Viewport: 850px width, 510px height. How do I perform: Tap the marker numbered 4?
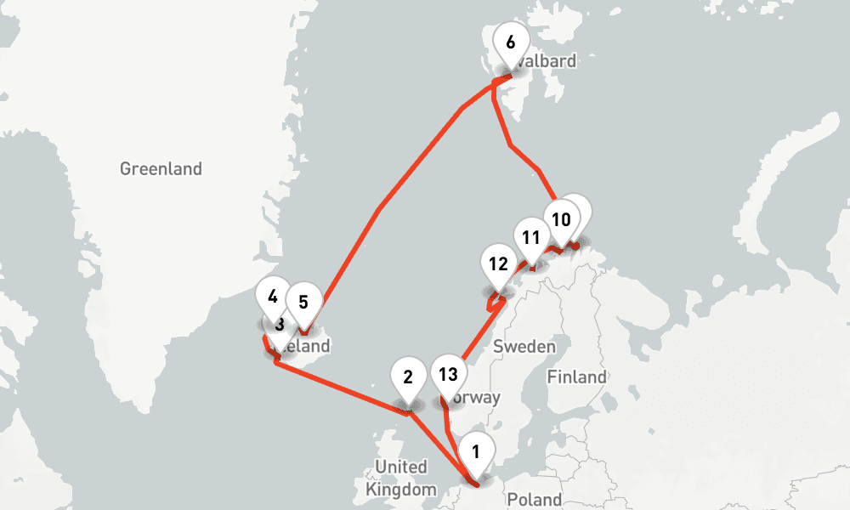click(x=273, y=298)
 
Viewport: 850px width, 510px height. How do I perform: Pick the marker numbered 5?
click(x=303, y=301)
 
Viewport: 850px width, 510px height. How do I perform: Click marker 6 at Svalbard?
click(x=510, y=43)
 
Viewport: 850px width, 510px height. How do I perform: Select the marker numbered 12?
click(x=498, y=264)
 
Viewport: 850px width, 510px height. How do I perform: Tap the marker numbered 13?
click(x=448, y=375)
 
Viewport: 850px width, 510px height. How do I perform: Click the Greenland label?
click(x=161, y=168)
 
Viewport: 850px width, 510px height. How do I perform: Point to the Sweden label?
click(x=524, y=346)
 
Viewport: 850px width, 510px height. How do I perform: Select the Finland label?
click(x=577, y=377)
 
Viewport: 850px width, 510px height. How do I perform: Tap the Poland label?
click(x=535, y=499)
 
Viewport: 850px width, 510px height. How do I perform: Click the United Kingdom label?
click(x=400, y=478)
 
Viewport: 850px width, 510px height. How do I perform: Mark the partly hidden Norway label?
click(x=479, y=398)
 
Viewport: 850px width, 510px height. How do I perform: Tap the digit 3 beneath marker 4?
click(x=278, y=324)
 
